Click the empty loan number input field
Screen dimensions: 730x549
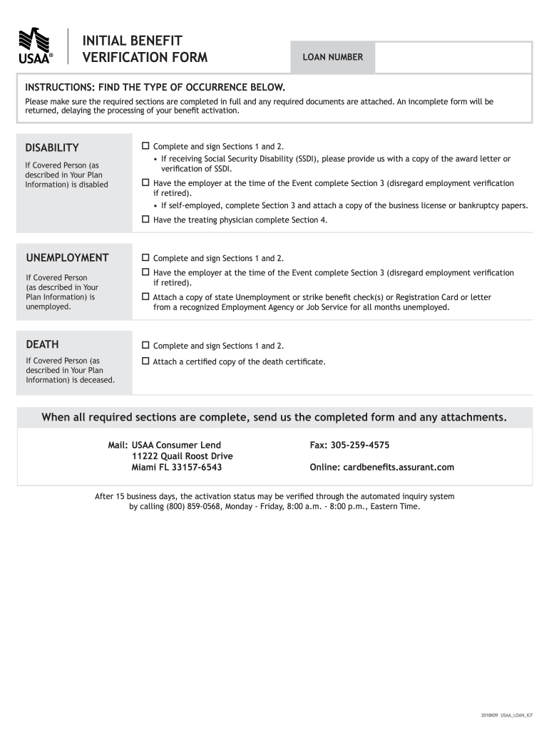pyautogui.click(x=453, y=57)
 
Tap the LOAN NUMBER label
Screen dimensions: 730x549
pyautogui.click(x=333, y=57)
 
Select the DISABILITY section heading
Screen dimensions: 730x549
pyautogui.click(x=52, y=148)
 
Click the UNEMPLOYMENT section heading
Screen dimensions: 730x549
pyautogui.click(x=67, y=257)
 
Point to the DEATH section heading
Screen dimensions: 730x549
pyautogui.click(x=42, y=344)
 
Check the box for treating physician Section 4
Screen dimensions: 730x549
pyautogui.click(x=145, y=220)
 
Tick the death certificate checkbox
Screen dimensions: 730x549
pyautogui.click(x=145, y=361)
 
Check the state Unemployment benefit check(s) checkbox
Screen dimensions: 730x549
pyautogui.click(x=145, y=297)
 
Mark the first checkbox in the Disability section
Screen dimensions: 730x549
pyautogui.click(x=145, y=146)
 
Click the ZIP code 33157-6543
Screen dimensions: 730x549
pyautogui.click(x=197, y=468)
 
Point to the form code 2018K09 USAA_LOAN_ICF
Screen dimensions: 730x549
pyautogui.click(x=506, y=714)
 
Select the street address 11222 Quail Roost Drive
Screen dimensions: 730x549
pyautogui.click(x=183, y=456)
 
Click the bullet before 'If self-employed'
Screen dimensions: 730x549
pyautogui.click(x=155, y=206)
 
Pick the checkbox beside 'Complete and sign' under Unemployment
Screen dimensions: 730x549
pyautogui.click(x=145, y=257)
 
